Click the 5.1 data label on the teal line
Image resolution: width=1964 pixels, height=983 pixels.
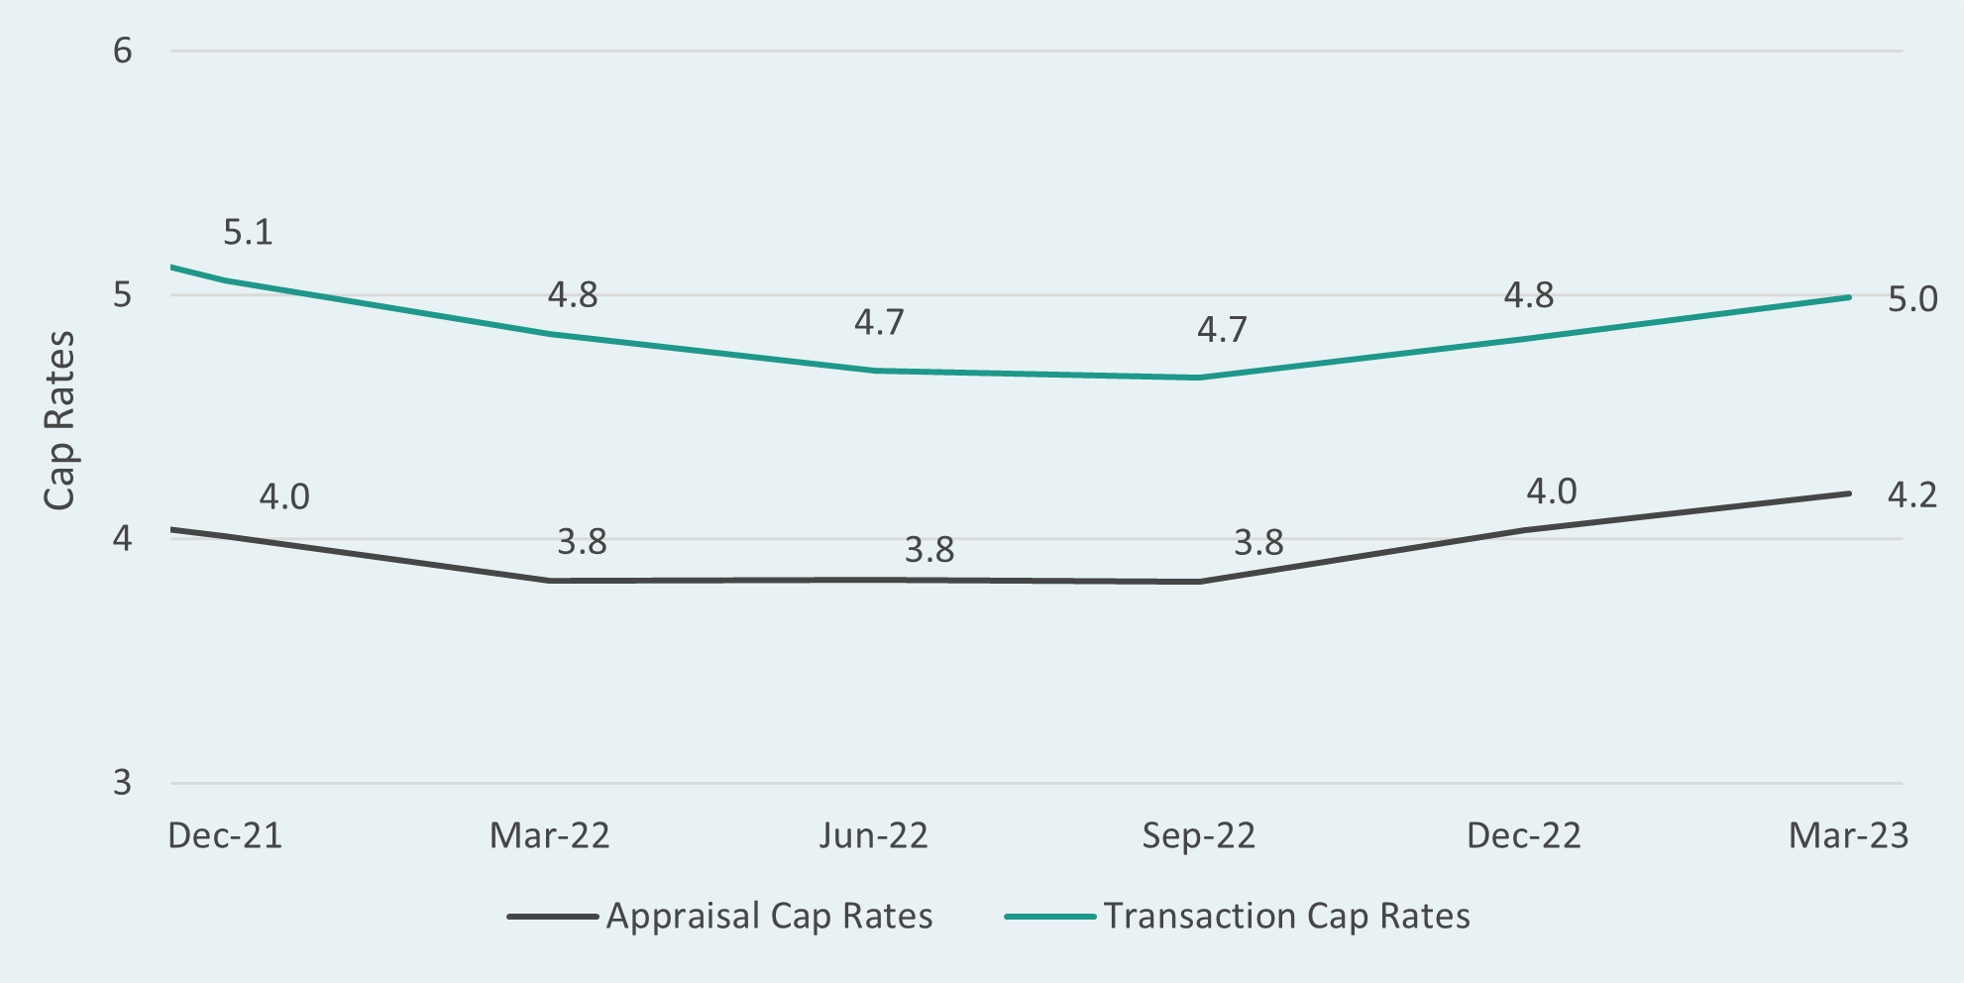coord(247,232)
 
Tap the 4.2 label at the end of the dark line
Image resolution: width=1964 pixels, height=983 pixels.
coord(1911,494)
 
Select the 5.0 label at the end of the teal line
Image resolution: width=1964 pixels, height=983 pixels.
coord(1911,299)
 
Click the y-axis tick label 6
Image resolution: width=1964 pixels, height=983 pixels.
coord(122,51)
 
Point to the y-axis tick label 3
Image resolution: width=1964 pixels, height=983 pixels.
coord(122,783)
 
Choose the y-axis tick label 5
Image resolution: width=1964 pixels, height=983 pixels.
coord(122,295)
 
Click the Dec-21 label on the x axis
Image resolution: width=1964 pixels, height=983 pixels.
coord(225,835)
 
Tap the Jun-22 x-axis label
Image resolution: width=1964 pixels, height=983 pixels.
coord(873,835)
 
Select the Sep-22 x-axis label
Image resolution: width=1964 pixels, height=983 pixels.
coord(1198,835)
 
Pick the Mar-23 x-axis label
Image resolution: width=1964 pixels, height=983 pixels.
coord(1847,835)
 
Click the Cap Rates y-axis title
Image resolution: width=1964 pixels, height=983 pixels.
coord(59,420)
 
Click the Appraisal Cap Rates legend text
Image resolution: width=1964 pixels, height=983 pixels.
coord(769,916)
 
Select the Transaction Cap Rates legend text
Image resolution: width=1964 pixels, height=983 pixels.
coord(1286,916)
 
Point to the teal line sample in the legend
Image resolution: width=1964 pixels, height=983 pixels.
coord(1049,917)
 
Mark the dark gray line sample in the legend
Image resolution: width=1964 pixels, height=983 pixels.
coord(552,917)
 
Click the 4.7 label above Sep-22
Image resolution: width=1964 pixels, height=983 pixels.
coord(1221,329)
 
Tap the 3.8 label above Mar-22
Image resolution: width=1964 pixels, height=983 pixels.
coord(582,542)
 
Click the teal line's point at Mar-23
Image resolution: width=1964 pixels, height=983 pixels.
coord(1848,297)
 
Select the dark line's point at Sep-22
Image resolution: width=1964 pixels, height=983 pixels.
coord(1199,582)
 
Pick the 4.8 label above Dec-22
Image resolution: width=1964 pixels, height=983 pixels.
coord(1528,295)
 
